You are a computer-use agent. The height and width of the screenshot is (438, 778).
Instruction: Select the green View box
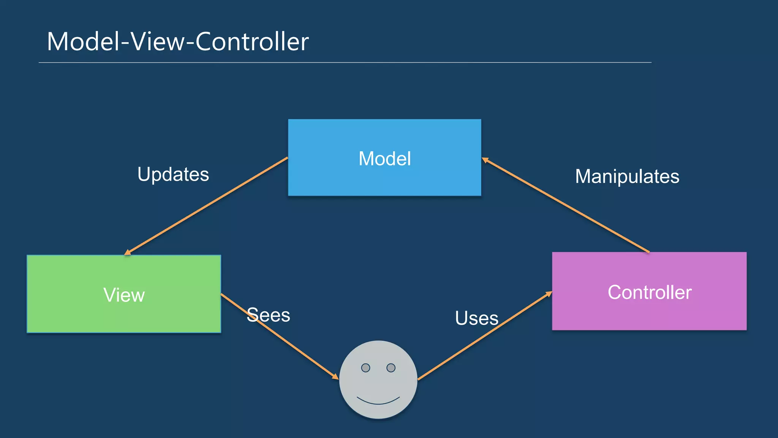click(x=124, y=316)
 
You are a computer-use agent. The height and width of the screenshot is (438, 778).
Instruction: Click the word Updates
click(x=173, y=175)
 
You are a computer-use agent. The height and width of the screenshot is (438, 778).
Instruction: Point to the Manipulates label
click(x=627, y=176)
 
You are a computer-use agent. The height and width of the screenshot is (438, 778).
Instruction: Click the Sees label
click(x=268, y=315)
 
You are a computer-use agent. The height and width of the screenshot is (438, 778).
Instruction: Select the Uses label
click(x=476, y=318)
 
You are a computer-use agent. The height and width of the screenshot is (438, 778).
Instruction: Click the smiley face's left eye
click(x=365, y=368)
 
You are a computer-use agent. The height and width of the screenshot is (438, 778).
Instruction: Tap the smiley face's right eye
click(x=391, y=368)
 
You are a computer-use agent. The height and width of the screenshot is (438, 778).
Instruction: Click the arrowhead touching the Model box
click(x=485, y=160)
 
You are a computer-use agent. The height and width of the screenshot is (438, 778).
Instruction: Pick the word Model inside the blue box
click(x=384, y=159)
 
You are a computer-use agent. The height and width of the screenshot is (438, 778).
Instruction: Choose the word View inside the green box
click(x=124, y=295)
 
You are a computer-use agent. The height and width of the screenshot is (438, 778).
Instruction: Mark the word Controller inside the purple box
click(x=649, y=292)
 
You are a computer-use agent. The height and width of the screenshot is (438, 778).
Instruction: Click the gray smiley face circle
click(x=378, y=384)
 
